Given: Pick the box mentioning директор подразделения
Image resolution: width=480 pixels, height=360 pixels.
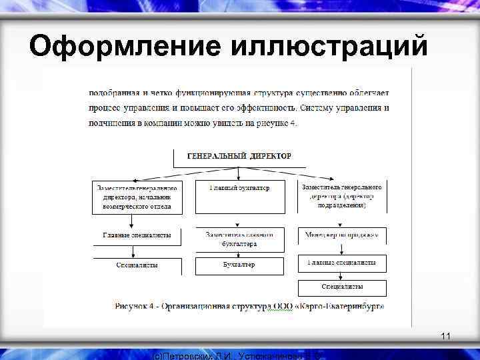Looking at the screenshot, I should pos(341,197).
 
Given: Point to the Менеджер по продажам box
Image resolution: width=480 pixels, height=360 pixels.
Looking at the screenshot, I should pos(341,235).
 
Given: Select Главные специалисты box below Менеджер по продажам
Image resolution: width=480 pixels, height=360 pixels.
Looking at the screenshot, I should pos(341,263).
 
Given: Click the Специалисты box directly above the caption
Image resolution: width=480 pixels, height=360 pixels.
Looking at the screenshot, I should pos(341,287).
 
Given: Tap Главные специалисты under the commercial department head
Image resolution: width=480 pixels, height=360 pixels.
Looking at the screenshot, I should pos(137,235).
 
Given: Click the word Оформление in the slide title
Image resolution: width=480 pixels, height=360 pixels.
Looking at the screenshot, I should pos(126,47).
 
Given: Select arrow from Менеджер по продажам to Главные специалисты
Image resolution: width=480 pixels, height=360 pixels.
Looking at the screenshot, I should pos(341,249).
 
